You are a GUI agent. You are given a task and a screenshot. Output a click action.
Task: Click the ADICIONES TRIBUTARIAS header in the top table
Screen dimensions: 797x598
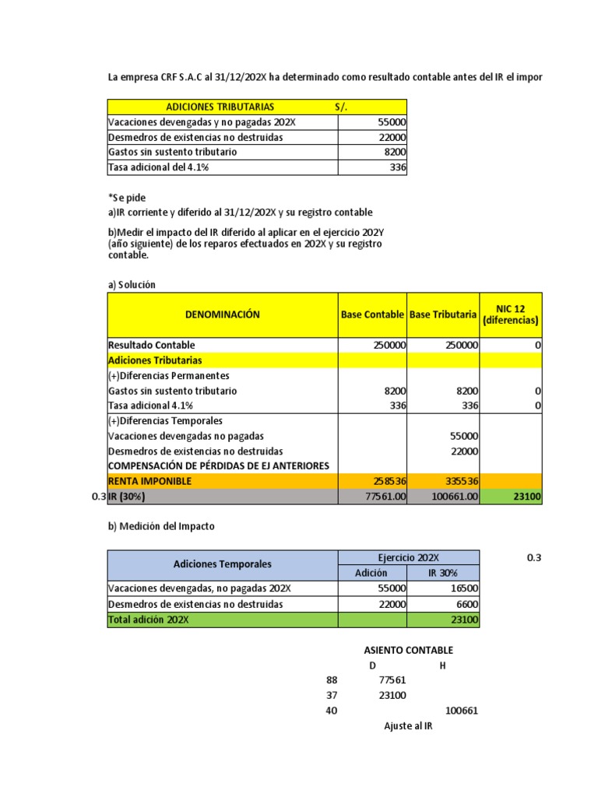point(220,107)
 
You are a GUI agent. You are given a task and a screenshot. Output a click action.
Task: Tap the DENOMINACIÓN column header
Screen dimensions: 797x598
point(222,315)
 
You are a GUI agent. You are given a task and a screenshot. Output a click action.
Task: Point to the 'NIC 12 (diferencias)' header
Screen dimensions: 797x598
point(511,315)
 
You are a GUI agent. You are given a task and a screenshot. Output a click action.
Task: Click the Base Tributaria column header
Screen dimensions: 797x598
point(443,315)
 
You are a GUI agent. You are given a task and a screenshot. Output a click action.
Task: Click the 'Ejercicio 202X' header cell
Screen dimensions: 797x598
point(408,558)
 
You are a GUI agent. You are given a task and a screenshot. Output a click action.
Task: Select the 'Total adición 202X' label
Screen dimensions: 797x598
point(149,620)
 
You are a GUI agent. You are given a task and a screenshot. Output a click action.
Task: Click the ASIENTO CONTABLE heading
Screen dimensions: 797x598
point(408,650)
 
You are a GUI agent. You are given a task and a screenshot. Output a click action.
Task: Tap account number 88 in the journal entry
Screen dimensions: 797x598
point(332,680)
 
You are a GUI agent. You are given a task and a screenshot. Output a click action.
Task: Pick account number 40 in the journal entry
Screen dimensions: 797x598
point(332,711)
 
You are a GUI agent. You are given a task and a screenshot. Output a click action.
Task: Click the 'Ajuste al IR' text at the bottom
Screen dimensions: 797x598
point(407,725)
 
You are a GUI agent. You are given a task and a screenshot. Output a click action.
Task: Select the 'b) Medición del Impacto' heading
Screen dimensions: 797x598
point(160,526)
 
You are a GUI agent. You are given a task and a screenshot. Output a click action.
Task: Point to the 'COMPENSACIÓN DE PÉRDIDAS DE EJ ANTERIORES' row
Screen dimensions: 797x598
point(218,465)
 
